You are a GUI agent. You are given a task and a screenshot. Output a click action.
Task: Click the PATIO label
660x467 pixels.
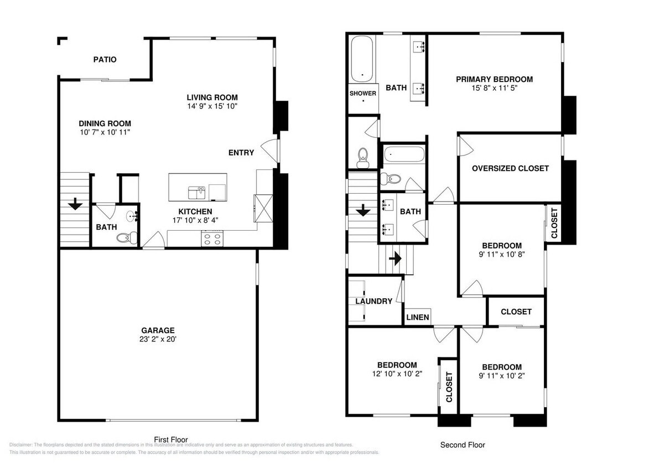click(105, 59)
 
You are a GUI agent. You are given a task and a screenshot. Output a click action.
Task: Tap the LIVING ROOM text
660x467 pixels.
click(212, 97)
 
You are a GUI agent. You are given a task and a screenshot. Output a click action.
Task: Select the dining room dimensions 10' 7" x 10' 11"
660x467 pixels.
click(105, 133)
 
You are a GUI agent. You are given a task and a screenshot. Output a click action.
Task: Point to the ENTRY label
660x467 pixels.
click(241, 153)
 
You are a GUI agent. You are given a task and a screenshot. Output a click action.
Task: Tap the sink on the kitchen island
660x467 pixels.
click(196, 192)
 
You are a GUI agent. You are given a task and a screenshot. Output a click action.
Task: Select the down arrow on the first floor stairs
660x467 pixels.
click(75, 204)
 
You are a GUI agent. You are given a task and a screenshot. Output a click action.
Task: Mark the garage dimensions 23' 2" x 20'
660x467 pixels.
click(159, 339)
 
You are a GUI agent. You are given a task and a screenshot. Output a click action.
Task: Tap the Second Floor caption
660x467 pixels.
click(462, 444)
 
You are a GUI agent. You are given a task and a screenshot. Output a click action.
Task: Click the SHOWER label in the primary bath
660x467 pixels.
click(362, 93)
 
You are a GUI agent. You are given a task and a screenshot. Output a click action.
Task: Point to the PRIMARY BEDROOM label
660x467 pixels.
click(494, 79)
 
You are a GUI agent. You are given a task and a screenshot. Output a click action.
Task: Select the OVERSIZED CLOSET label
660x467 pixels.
click(510, 168)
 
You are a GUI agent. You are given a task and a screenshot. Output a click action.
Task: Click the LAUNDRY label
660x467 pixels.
click(373, 302)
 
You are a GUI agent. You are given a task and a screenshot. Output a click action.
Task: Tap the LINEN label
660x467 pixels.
click(417, 317)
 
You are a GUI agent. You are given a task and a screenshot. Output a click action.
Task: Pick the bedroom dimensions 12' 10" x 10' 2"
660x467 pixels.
click(397, 373)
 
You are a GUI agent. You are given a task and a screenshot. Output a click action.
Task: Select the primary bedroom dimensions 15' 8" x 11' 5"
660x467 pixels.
click(494, 87)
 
